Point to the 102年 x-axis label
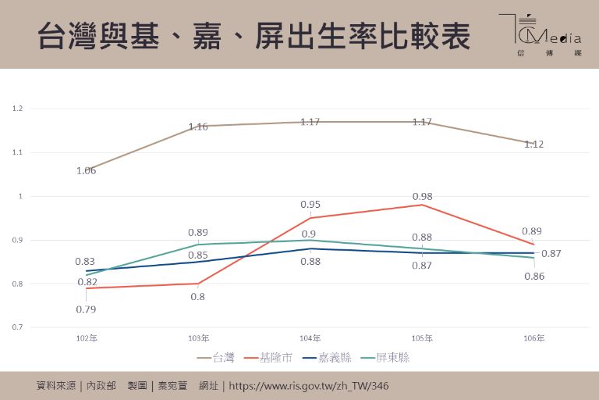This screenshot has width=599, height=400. coord(87,338)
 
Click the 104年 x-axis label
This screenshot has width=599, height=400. coord(310,338)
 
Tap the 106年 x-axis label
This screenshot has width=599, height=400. coord(534,338)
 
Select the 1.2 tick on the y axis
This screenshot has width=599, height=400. coord(18,109)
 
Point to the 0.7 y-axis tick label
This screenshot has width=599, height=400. coord(18,327)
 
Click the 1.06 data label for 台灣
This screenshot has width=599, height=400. coord(86,170)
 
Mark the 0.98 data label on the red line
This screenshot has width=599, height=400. coord(422,196)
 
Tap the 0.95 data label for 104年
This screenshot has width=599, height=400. coord(310,205)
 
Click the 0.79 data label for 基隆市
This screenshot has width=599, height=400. coord(86,309)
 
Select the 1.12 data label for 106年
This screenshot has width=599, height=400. coord(534,144)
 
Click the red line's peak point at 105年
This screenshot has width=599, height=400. coord(422,205)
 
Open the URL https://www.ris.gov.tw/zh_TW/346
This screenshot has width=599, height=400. coord(308,386)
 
